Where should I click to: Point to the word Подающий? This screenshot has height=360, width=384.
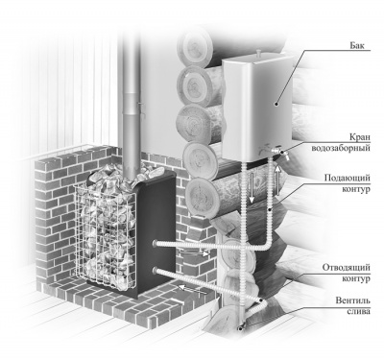click(348, 179)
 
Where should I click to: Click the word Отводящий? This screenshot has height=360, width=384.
click(347, 268)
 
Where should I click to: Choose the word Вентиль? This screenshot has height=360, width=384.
click(353, 300)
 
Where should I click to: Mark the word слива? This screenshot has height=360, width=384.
click(359, 311)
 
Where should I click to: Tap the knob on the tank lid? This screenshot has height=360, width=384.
click(258, 51)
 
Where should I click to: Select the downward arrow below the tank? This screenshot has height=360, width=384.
click(252, 188)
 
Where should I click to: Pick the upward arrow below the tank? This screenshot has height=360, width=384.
click(277, 180)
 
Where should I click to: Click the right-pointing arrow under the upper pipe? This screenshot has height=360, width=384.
click(194, 253)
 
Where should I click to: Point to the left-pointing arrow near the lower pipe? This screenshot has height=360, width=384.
click(192, 289)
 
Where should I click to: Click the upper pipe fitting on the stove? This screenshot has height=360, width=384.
click(155, 243)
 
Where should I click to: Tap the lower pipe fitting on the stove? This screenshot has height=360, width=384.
click(155, 271)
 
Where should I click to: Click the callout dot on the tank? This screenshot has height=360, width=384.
click(276, 103)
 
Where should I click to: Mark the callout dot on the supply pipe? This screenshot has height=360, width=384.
click(270, 209)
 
